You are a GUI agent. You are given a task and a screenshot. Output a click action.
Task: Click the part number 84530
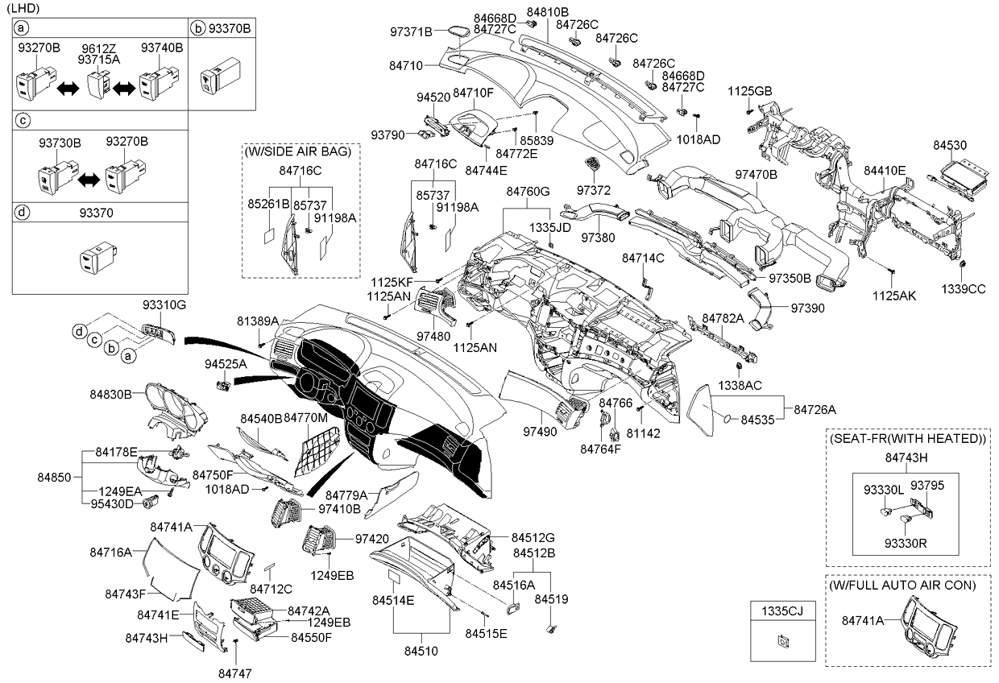coord(950,145)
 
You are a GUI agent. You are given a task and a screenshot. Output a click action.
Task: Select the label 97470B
coord(756,175)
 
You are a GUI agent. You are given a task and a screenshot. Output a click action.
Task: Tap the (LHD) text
coord(23,7)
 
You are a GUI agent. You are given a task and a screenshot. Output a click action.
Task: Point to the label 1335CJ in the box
coord(782,611)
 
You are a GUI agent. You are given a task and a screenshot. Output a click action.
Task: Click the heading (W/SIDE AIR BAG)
coord(298,151)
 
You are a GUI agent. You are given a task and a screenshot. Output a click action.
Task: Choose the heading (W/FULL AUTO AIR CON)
coord(902,586)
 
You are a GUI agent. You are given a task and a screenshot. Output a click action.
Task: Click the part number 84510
coord(421,652)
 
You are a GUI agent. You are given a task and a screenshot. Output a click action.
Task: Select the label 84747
coord(235,673)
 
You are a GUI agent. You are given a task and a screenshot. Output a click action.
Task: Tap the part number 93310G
coord(164,305)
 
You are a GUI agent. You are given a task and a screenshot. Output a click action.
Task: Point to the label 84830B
coord(110,395)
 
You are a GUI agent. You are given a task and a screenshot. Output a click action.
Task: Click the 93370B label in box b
coord(230,28)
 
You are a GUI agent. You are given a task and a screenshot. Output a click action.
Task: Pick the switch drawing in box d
coord(98,258)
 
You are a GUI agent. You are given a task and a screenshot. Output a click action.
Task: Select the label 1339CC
coord(964,289)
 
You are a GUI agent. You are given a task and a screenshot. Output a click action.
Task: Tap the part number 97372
coord(593,190)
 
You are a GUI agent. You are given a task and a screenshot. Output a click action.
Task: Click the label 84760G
coord(528,192)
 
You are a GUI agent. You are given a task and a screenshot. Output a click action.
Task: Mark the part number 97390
coord(808,308)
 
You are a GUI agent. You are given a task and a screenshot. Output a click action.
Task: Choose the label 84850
coord(55,478)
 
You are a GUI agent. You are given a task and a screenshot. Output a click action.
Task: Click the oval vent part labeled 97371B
coord(459,32)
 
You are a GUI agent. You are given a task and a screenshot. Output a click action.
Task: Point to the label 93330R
coord(906,544)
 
